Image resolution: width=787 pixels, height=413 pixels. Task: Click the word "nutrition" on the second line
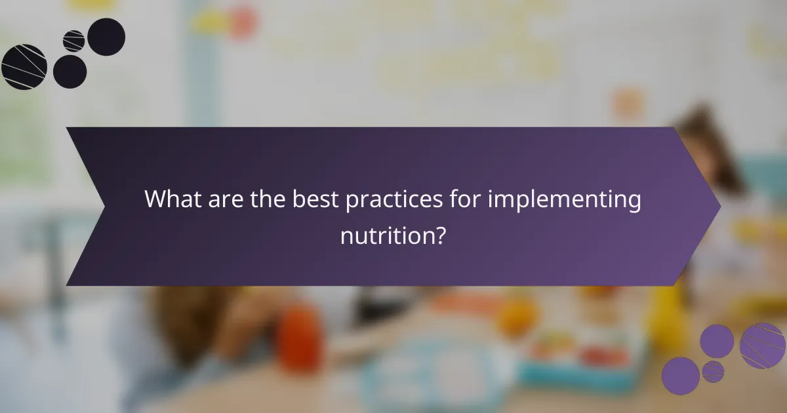pos(386,235)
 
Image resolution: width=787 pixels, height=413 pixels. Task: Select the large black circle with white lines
pos(24,67)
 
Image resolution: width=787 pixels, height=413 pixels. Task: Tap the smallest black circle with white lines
pos(73,41)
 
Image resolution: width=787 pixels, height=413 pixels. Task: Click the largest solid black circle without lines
pos(106,37)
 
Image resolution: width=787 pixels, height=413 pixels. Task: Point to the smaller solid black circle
pos(70,71)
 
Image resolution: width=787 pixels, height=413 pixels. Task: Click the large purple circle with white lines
pos(762,345)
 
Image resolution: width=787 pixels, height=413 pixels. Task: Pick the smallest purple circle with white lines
pos(713,372)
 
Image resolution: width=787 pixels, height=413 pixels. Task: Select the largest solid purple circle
pos(680,376)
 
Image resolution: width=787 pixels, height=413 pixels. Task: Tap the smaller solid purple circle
pos(717,341)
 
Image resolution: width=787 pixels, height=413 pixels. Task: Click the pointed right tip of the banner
pos(719,206)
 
